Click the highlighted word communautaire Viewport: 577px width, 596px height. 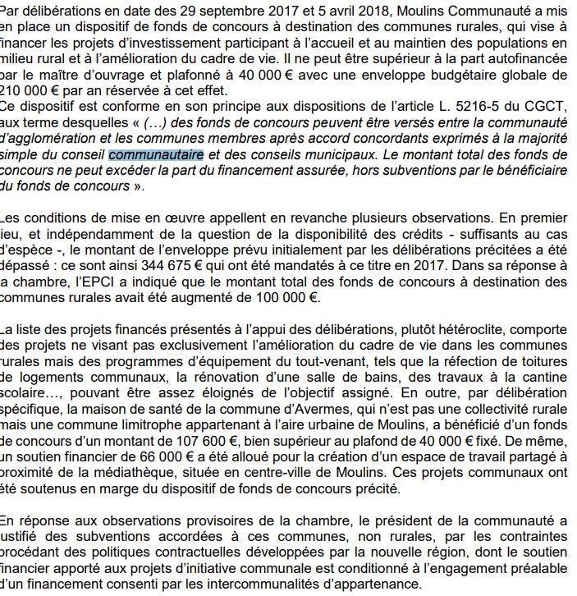[x=156, y=155]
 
